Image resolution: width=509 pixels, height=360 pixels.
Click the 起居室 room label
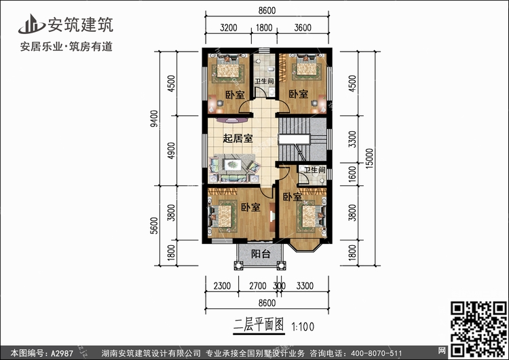pyautogui.click(x=238, y=139)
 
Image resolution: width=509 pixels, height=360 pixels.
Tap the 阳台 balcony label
pyautogui.click(x=261, y=254)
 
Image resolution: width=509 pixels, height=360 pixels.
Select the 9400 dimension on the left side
pyautogui.click(x=155, y=122)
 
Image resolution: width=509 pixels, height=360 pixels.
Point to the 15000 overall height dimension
pyautogui.click(x=366, y=160)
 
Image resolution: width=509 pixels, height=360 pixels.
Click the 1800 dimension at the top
pyautogui.click(x=263, y=28)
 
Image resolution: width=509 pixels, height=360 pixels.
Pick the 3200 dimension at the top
pyautogui.click(x=228, y=28)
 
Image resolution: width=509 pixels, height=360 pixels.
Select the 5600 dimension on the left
pyautogui.click(x=155, y=224)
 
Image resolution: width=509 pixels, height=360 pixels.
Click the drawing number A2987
pyautogui.click(x=58, y=353)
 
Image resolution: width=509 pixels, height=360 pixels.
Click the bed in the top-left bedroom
pyautogui.click(x=228, y=70)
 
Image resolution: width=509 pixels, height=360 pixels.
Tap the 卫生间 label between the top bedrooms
pyautogui.click(x=264, y=82)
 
